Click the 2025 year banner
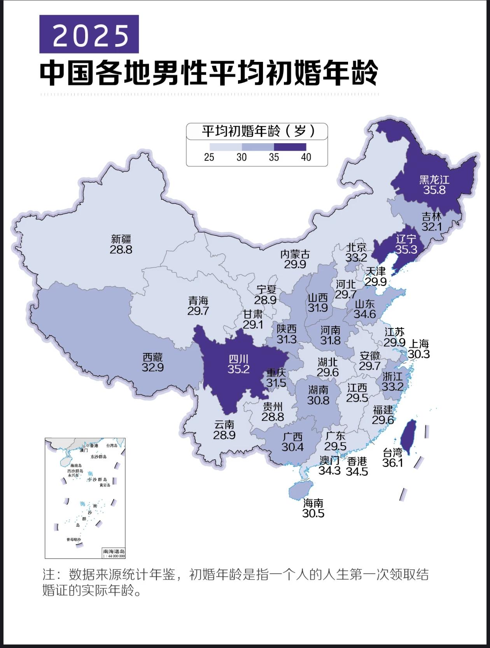[89, 34]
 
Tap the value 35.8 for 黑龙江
[434, 190]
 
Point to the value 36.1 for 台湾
[392, 463]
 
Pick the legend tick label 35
[274, 157]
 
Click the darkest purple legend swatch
[290, 147]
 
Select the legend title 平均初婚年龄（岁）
[257, 131]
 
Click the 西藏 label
[152, 357]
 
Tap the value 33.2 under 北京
[356, 258]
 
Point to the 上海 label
[419, 344]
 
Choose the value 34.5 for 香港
[357, 471]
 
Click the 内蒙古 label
[295, 255]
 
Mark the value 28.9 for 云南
[224, 435]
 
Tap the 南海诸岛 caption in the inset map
[114, 551]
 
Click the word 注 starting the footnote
[48, 574]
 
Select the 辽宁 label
[406, 239]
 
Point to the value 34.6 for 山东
[364, 314]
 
